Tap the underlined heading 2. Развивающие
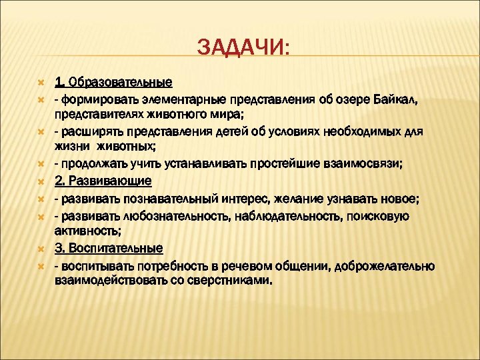click(x=103, y=182)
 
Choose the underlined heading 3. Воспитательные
click(x=109, y=249)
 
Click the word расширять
click(x=91, y=132)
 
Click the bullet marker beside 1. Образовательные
click(x=41, y=83)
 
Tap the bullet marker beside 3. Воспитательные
click(x=41, y=249)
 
